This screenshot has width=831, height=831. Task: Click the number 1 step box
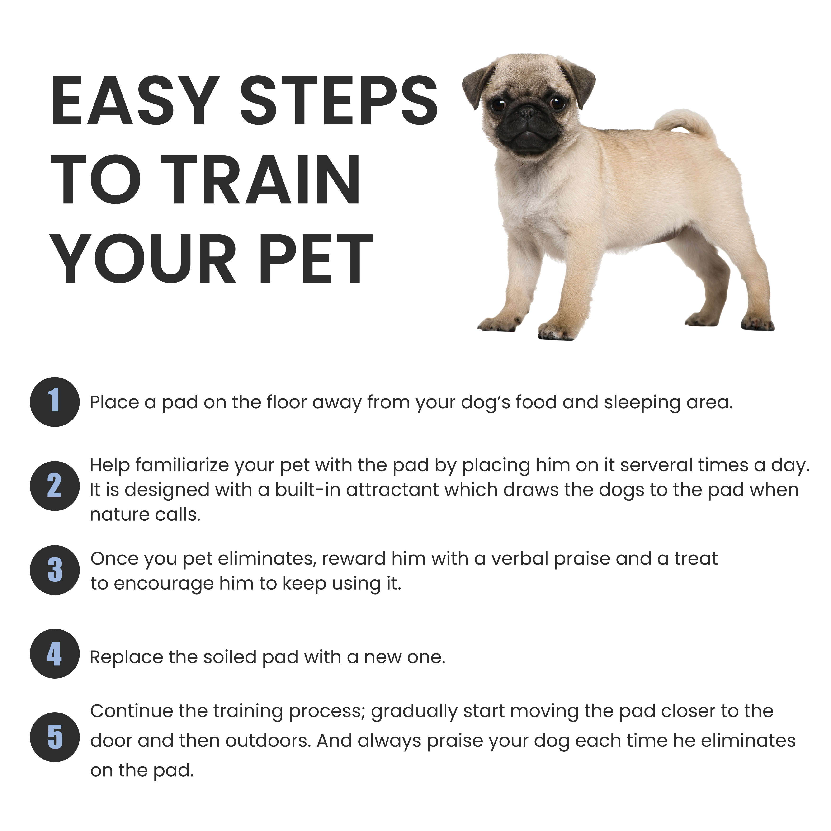(55, 402)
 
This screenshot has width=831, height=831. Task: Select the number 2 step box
(55, 486)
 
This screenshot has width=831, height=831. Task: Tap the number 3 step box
(55, 570)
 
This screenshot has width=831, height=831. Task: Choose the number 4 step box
(55, 653)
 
